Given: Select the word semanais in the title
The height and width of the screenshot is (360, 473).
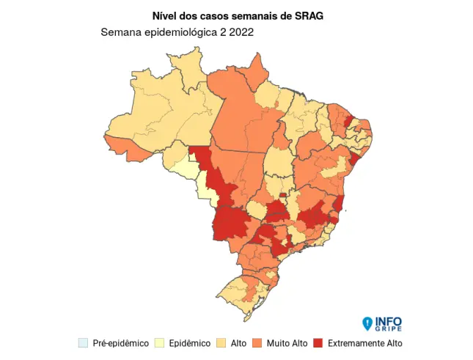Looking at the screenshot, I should coord(251,15).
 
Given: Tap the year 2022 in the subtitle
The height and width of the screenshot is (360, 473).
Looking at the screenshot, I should coord(242,33).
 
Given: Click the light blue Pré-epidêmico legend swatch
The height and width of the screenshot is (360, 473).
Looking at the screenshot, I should coord(84,343).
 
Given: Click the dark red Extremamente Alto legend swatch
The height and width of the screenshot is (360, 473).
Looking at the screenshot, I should coord(318,343).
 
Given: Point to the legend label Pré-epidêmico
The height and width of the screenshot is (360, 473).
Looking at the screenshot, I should coord(120,343).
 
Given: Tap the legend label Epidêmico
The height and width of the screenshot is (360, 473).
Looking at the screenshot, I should coord(190,343).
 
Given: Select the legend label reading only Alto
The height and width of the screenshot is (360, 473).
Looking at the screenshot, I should coord(238,343).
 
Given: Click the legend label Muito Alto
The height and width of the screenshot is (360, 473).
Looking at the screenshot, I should coord(287,343).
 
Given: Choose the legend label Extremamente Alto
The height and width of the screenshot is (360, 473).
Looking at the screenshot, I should coord(364,343).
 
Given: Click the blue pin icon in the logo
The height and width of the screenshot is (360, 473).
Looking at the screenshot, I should coord(367,323).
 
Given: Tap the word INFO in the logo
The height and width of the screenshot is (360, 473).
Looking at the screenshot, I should coord(388,321).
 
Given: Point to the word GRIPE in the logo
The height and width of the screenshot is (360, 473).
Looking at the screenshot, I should coord(388,329).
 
